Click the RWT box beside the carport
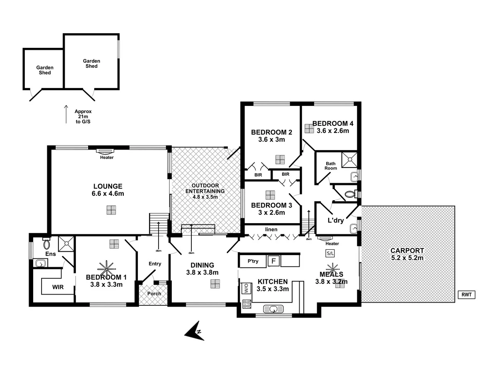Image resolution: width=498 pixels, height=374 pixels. tap(466, 295)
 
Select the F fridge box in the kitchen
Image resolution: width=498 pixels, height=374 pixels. tap(273, 261)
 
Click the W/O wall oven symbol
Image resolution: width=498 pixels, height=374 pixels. tap(245, 288)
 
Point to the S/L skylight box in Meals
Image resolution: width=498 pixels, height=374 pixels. tap(330, 253)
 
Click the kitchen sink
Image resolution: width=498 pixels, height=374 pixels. tap(273, 308)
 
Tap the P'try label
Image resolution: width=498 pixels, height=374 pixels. tap(253, 261)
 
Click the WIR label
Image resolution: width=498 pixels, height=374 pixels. tap(58, 287)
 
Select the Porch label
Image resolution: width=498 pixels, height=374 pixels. tap(153, 293)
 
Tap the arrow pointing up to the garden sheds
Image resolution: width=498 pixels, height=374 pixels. tap(66, 114)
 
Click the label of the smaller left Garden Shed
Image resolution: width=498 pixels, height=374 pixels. tap(45, 70)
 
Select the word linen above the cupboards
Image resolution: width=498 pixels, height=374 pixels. tap(271, 229)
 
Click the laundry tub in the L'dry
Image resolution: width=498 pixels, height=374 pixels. tap(353, 228)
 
